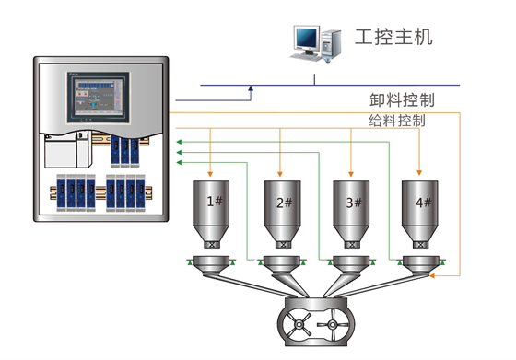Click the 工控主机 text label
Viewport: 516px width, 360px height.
tap(393, 38)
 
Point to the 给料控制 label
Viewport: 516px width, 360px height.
tap(396, 122)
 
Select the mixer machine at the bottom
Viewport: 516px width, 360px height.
tap(317, 322)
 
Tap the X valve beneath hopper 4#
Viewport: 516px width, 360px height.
tap(420, 246)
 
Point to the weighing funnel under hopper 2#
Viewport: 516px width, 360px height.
tap(282, 266)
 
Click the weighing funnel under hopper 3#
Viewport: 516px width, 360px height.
tap(350, 266)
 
